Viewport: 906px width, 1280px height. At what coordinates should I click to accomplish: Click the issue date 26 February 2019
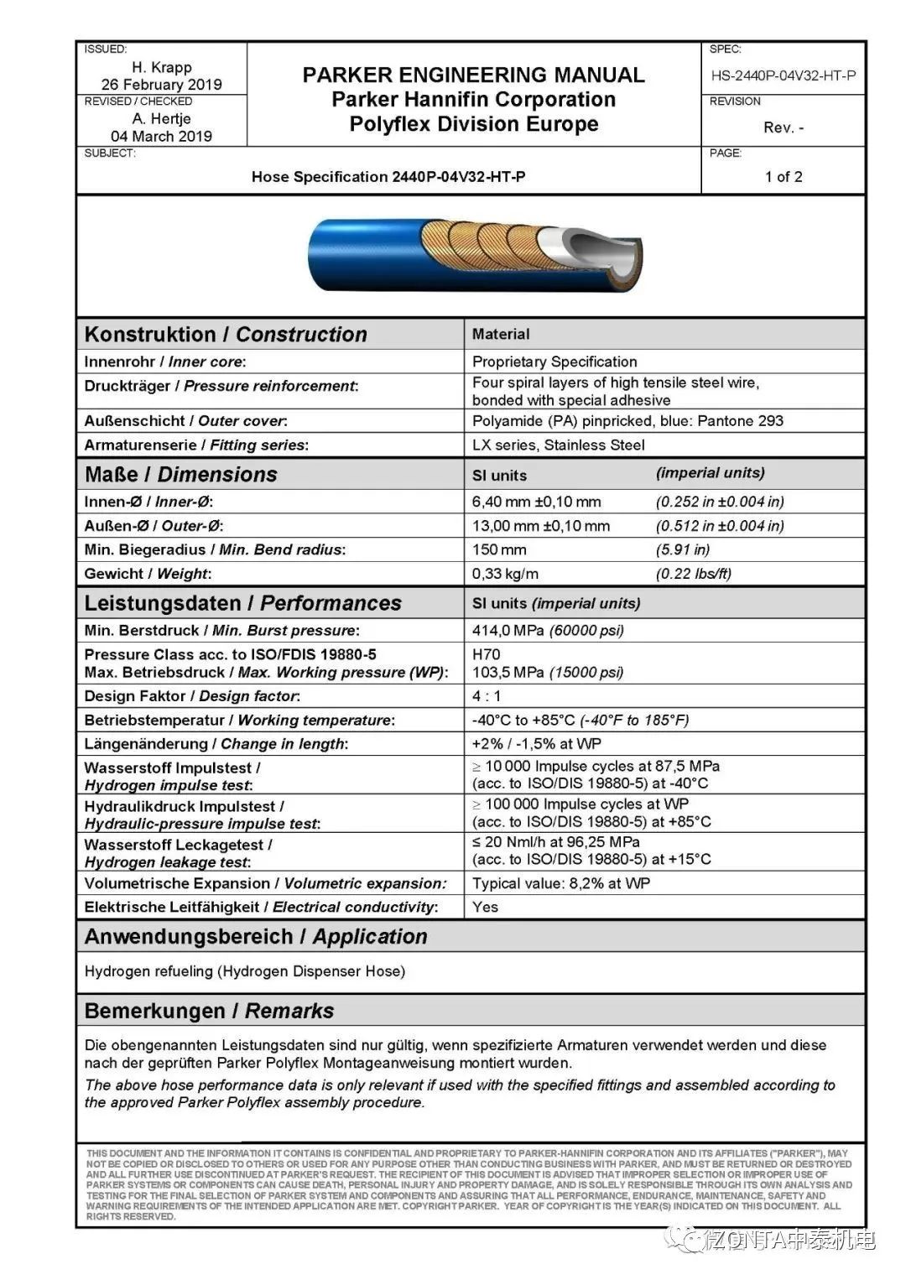tap(162, 84)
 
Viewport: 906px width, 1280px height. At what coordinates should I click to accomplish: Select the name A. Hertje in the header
tap(162, 118)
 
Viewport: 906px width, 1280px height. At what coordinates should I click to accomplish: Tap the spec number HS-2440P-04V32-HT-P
tap(784, 75)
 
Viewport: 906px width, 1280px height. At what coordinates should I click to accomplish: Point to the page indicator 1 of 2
tap(784, 176)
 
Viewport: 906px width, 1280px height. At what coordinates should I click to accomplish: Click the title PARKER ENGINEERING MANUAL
tap(473, 75)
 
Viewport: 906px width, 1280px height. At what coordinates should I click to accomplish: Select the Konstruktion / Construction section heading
tap(226, 334)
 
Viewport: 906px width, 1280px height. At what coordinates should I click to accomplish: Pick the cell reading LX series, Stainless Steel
tap(558, 445)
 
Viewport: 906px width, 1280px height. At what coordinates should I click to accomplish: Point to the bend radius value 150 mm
tap(499, 549)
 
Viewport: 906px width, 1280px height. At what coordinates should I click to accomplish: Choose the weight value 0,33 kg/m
tap(505, 574)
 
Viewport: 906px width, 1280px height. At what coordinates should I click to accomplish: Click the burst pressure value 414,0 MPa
tap(508, 630)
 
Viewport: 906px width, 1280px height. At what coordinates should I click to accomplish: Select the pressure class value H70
tap(486, 654)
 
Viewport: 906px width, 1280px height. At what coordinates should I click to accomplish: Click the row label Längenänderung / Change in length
tap(216, 744)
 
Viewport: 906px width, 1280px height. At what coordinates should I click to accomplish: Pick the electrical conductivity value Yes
tap(485, 907)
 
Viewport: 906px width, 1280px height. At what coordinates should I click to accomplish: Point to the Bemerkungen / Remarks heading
tap(209, 1011)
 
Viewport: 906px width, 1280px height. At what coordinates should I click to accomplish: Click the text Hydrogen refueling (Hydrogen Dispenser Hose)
tap(245, 971)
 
